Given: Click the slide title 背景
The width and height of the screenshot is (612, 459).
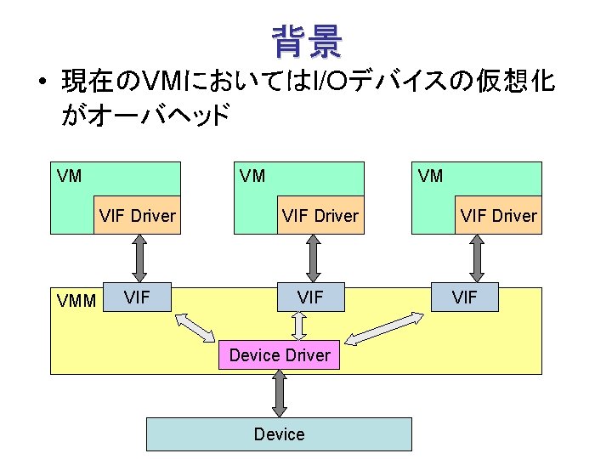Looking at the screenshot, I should click(307, 41).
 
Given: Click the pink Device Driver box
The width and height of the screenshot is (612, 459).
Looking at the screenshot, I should click(280, 354).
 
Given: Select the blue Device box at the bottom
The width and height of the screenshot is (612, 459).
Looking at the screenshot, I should click(279, 434).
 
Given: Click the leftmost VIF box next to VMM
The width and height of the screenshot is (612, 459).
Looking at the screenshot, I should click(138, 297).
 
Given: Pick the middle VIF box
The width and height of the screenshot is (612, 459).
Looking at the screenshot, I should click(310, 298).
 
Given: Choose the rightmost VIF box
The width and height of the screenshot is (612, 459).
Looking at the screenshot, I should click(464, 297).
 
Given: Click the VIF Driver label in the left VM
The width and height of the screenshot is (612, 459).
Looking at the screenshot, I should click(137, 216).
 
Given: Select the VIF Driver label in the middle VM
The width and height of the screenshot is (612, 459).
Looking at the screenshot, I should click(320, 216).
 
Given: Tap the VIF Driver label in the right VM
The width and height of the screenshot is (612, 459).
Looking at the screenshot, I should click(499, 216).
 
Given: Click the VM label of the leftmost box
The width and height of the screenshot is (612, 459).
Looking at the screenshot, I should click(69, 176).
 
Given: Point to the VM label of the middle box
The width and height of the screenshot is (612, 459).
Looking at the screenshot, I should click(252, 176).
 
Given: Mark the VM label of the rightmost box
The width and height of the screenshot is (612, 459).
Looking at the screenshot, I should click(431, 176).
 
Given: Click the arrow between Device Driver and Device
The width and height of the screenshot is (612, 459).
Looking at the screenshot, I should click(280, 394).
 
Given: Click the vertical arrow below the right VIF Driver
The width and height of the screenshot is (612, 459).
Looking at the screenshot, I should click(476, 257).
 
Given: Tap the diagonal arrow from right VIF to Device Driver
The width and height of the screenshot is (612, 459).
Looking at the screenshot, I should click(387, 329).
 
